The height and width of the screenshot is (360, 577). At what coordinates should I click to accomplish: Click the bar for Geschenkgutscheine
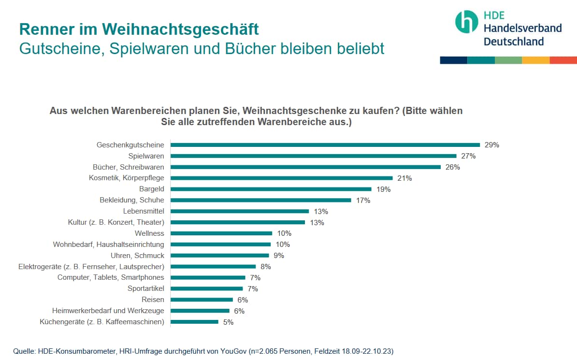coord(325,144)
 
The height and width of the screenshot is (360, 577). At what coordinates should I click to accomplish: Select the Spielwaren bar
coord(314,156)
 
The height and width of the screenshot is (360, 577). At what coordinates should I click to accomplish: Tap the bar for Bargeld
coord(271,189)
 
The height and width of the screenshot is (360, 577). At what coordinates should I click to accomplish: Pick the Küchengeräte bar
coord(194,322)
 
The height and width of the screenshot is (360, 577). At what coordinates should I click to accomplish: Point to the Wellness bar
coord(221,233)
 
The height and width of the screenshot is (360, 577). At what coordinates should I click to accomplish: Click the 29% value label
coord(491,144)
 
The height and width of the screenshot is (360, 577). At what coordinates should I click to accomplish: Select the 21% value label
coord(404,178)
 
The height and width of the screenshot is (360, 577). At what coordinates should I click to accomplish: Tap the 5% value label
coord(228,322)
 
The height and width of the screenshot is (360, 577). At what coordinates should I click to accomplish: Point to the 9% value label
coord(278,256)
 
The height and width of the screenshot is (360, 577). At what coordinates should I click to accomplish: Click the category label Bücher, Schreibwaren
coord(129,167)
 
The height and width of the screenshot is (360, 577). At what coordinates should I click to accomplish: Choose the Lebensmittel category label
coord(144,211)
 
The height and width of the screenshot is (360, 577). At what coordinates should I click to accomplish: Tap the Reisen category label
coord(153,300)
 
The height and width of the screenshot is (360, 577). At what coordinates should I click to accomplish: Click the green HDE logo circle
coord(466,22)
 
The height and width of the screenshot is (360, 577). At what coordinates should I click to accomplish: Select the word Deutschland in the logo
coord(514,42)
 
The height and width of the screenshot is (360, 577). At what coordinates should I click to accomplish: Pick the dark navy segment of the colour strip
coord(453,60)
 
